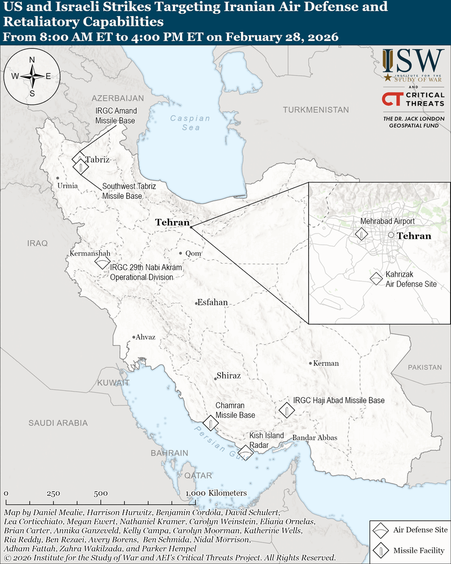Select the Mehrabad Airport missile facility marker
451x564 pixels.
361,234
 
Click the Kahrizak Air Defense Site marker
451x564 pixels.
376,279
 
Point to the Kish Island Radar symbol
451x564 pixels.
245,452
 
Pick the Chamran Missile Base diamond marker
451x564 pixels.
210,423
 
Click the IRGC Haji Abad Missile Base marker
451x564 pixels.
286,410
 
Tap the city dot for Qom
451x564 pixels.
181,253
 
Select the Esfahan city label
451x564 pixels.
212,302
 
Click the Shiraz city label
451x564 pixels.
228,376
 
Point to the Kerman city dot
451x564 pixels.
311,363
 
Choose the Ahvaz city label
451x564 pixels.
146,337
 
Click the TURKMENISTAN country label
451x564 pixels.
316,110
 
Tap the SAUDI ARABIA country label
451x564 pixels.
58,423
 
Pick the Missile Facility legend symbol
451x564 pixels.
380,550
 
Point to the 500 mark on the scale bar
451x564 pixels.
101,493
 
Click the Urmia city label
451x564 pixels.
67,186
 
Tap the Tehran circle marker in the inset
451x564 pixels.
391,235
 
